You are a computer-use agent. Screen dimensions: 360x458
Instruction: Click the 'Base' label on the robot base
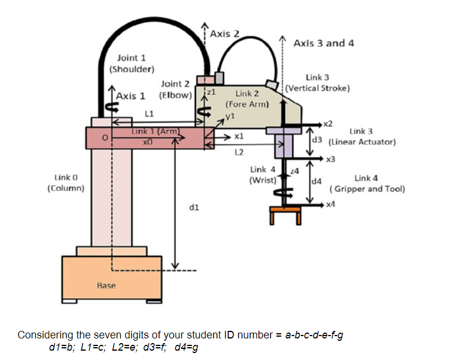point(106,285)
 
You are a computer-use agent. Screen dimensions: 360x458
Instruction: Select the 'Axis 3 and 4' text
point(324,43)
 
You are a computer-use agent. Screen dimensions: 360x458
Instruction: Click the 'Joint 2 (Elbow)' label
point(175,89)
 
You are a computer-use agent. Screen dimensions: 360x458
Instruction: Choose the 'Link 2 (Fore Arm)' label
point(247,98)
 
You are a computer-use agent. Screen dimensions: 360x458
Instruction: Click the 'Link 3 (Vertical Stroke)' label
point(318,83)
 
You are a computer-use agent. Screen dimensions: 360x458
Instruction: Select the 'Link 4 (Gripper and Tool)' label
point(367,183)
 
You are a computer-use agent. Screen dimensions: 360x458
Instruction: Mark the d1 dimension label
point(195,206)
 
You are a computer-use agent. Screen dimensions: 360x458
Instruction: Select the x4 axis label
point(331,203)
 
